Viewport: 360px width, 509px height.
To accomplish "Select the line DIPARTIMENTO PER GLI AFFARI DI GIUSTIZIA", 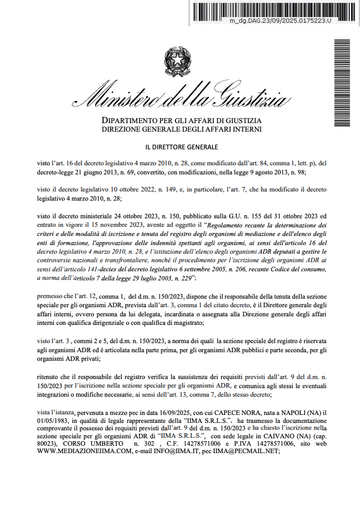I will [181, 121].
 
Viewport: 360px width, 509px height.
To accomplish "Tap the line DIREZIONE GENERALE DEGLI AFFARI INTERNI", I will [181, 130].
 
